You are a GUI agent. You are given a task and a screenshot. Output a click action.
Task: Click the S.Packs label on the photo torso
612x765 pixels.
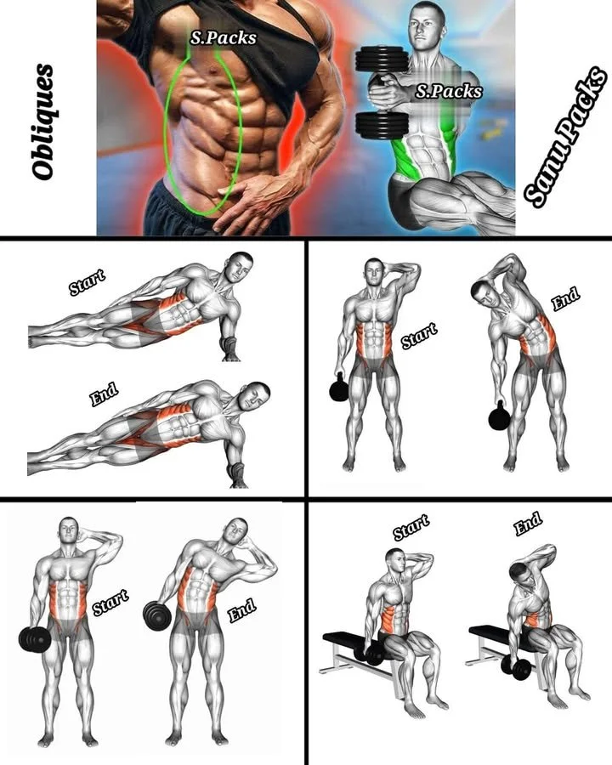(x=224, y=37)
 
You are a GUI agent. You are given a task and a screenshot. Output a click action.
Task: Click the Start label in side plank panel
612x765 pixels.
(x=87, y=281)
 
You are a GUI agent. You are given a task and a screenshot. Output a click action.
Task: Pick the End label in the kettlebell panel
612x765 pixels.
(x=564, y=299)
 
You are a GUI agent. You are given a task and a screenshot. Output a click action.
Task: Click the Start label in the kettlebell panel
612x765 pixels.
(x=418, y=335)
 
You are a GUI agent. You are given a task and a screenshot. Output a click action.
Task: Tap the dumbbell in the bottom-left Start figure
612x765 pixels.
(x=34, y=637)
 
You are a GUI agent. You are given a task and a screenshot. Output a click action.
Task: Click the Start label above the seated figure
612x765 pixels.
(x=411, y=528)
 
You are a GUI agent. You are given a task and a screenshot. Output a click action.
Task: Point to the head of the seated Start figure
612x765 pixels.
(x=394, y=562)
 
